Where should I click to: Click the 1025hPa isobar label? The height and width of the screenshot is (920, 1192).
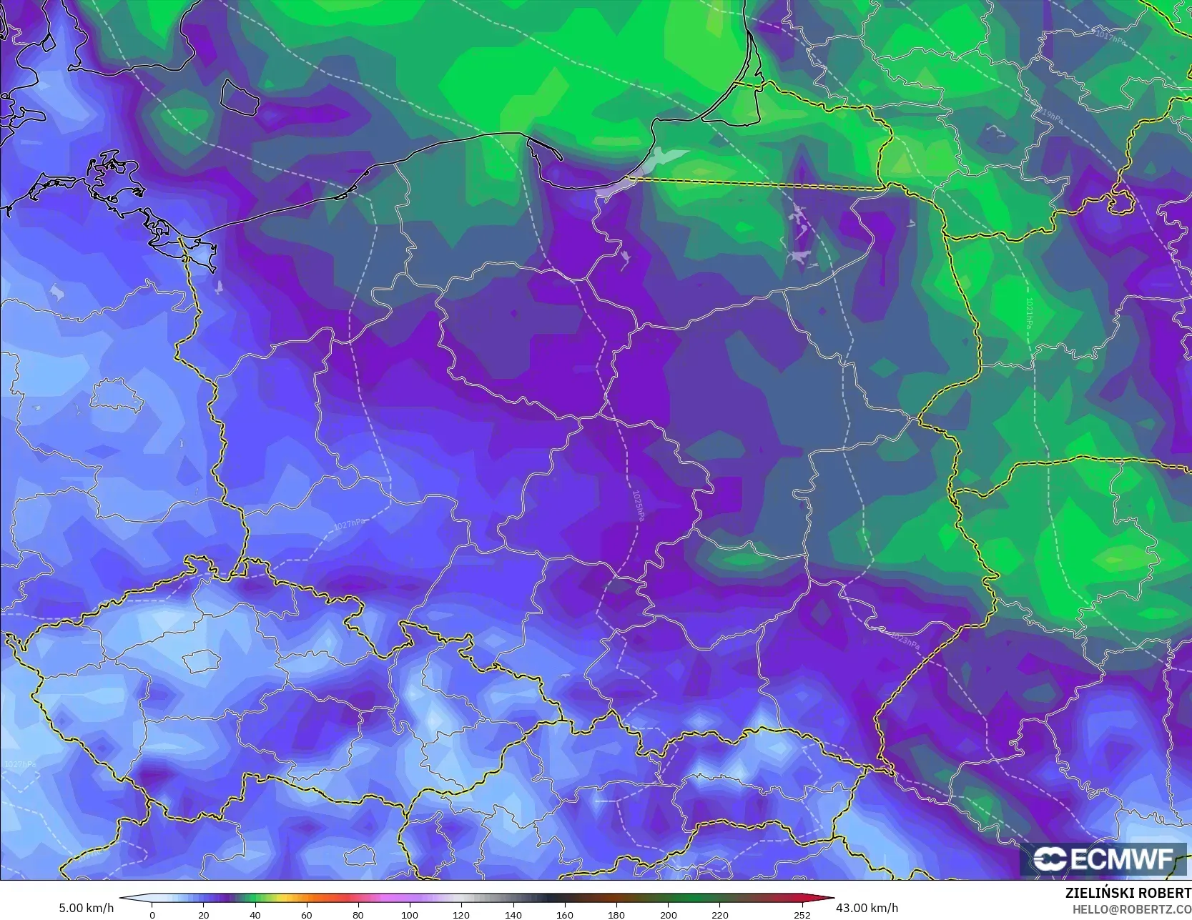[x=638, y=505]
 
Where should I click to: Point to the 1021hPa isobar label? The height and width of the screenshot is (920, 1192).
[x=1028, y=313]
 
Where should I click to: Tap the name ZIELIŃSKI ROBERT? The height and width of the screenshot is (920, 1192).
[x=1128, y=894]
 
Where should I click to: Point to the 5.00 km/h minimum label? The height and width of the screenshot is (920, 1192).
[x=86, y=909]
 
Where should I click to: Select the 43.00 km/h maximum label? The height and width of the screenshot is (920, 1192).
[x=867, y=908]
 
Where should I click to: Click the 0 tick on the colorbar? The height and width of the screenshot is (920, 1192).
[x=152, y=915]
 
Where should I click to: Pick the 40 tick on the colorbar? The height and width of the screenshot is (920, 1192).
[x=255, y=915]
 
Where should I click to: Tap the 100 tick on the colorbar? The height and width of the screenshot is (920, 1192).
[x=410, y=915]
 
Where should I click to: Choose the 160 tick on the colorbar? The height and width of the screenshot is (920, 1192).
[x=564, y=915]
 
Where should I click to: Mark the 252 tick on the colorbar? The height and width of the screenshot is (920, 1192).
[x=802, y=915]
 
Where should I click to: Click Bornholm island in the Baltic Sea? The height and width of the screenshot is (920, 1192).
[x=238, y=97]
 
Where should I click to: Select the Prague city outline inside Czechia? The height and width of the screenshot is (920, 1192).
[x=201, y=661]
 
